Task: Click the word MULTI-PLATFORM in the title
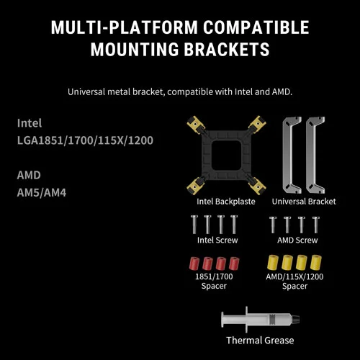[x=125, y=27]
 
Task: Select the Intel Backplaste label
[x=226, y=202]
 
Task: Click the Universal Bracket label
[x=304, y=202]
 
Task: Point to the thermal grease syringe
[x=261, y=320]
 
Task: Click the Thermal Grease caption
[x=260, y=341]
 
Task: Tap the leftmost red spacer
[x=194, y=263]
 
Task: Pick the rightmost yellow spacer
[x=316, y=262]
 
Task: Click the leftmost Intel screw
[x=194, y=225]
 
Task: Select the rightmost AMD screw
[x=316, y=225]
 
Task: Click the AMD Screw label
[x=297, y=240]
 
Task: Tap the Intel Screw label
[x=217, y=240]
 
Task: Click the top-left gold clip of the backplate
[x=196, y=124]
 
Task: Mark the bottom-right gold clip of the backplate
[x=257, y=186]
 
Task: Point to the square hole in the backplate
[x=226, y=155]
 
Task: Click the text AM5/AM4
[x=42, y=192]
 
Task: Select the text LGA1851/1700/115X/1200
[x=85, y=140]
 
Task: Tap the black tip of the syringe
[x=296, y=320]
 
